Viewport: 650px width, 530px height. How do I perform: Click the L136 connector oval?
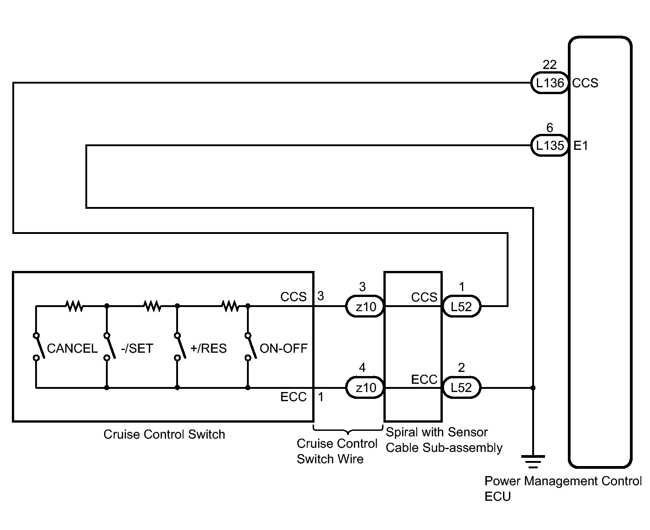point(550,83)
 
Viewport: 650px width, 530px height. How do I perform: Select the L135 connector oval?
point(550,145)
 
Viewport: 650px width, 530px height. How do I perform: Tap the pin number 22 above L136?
point(549,64)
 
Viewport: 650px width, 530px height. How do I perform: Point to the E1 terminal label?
point(581,146)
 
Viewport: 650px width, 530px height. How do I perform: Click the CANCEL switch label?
point(72,349)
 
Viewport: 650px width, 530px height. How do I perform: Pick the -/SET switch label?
point(137,349)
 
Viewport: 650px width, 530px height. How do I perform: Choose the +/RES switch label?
point(209,349)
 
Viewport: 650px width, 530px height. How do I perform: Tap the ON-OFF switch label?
point(283,349)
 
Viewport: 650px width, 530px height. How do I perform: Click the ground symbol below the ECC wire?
point(533,462)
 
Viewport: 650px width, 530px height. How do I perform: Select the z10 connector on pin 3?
point(365,306)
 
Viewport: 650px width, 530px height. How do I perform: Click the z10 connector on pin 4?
point(365,387)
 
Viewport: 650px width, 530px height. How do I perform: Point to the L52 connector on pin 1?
point(461,306)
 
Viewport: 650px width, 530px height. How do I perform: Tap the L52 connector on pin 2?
point(461,387)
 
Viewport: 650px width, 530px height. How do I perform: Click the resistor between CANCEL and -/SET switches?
point(74,306)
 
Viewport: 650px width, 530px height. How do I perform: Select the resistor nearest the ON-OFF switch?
point(231,306)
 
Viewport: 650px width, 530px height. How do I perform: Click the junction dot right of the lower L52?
point(533,388)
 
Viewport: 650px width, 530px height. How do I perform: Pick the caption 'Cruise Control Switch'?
point(164,435)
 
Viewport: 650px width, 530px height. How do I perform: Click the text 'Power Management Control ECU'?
point(563,488)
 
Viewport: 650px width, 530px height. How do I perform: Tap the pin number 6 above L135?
point(550,127)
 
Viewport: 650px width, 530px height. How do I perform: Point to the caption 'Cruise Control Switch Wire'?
point(337,451)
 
